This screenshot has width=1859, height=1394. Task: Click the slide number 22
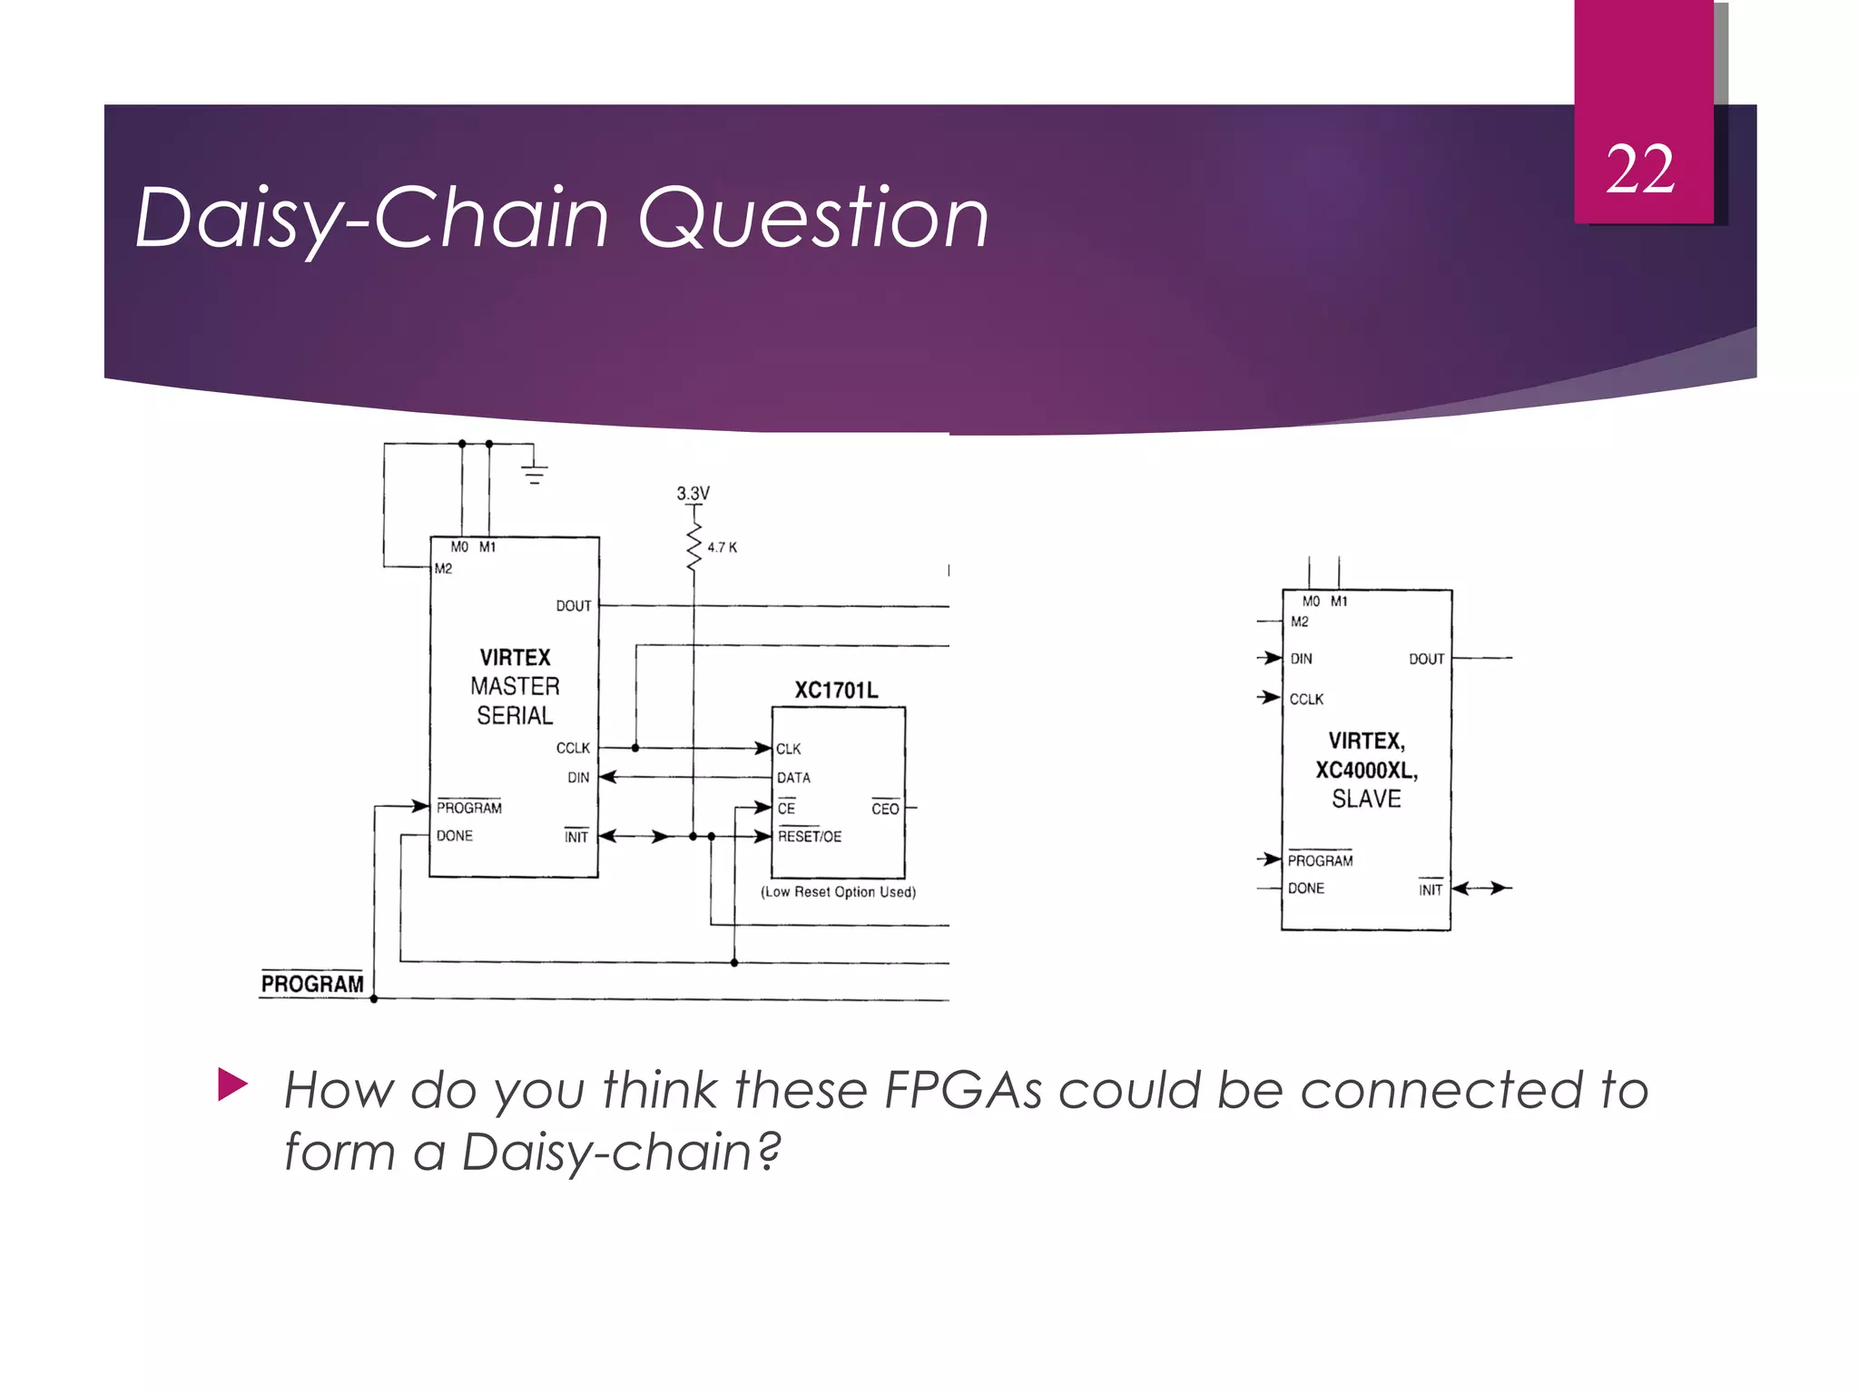1640,170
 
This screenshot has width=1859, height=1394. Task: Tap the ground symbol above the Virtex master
535,473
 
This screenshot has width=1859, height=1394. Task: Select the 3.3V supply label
693,494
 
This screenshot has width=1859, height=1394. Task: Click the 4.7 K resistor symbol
694,546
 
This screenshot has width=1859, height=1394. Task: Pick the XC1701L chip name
836,691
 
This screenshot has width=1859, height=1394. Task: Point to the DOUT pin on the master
574,606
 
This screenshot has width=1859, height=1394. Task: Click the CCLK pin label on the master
573,749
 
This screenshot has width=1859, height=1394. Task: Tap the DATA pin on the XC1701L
793,778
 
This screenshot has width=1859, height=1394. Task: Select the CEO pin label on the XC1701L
885,809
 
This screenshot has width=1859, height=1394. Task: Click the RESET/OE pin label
810,837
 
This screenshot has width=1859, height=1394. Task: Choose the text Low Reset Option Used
838,892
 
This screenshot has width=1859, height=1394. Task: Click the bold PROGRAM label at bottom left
312,984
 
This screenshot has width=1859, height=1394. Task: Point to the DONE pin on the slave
1306,888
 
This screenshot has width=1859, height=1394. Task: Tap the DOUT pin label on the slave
1426,659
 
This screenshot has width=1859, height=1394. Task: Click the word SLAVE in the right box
1366,800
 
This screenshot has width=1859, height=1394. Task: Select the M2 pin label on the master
443,569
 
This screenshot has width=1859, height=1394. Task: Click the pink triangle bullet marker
232,1085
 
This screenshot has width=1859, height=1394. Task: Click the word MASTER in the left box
515,687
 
